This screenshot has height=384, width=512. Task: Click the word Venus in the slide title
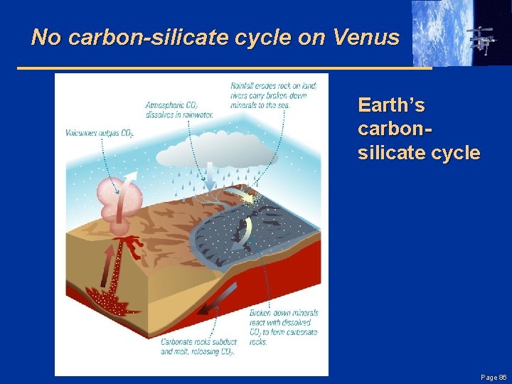[368, 37]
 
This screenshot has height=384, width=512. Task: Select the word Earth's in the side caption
[392, 106]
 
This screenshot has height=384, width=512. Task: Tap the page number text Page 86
[493, 377]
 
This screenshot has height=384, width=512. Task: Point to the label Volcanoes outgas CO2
[100, 133]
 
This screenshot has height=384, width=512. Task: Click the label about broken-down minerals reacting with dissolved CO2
[284, 327]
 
